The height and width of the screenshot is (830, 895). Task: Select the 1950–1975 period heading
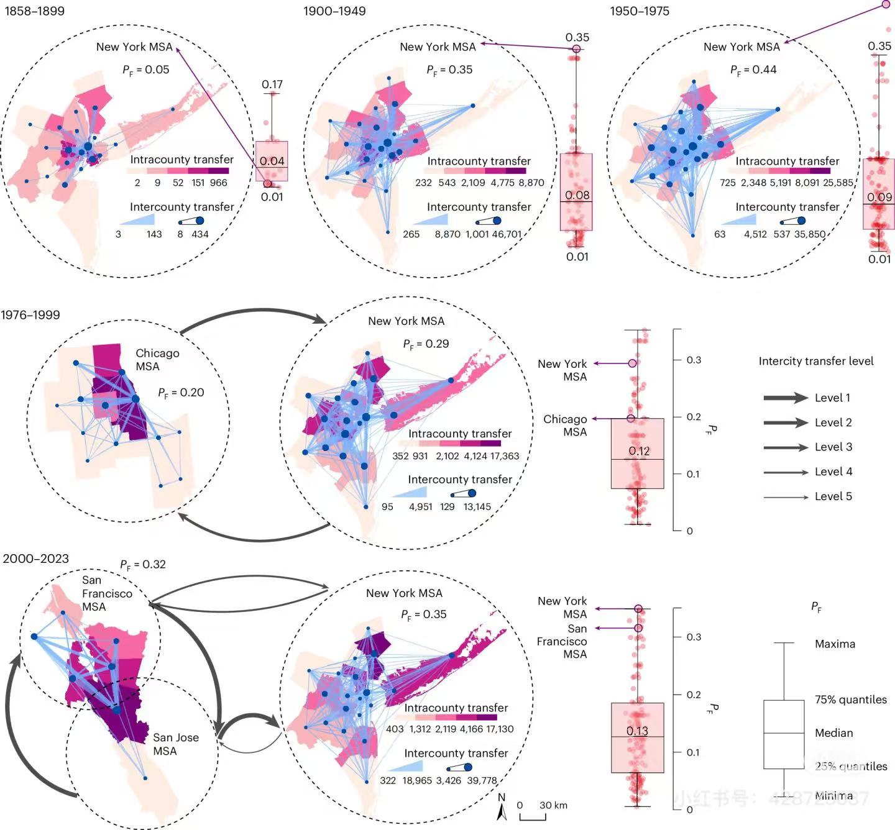(x=639, y=11)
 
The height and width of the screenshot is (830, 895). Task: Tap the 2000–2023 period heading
(x=35, y=559)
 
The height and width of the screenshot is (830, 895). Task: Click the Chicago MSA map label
(x=157, y=360)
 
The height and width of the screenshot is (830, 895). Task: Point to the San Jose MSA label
(x=176, y=744)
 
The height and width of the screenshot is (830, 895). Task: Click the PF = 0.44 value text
(x=753, y=70)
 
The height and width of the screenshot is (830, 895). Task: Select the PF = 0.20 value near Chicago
(x=181, y=393)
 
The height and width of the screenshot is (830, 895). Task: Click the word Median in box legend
(x=833, y=733)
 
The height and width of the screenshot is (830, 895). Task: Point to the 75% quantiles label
(x=850, y=700)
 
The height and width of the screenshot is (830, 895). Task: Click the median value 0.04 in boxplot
(x=272, y=161)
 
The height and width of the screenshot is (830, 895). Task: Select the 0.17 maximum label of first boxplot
(x=272, y=84)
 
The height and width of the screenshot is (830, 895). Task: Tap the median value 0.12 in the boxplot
(x=638, y=451)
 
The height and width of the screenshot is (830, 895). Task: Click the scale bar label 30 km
(x=553, y=805)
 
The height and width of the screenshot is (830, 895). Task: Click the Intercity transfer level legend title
(x=815, y=361)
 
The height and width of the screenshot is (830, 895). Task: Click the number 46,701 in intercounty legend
(x=505, y=234)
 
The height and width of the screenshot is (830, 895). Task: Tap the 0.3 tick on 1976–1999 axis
(x=693, y=360)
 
